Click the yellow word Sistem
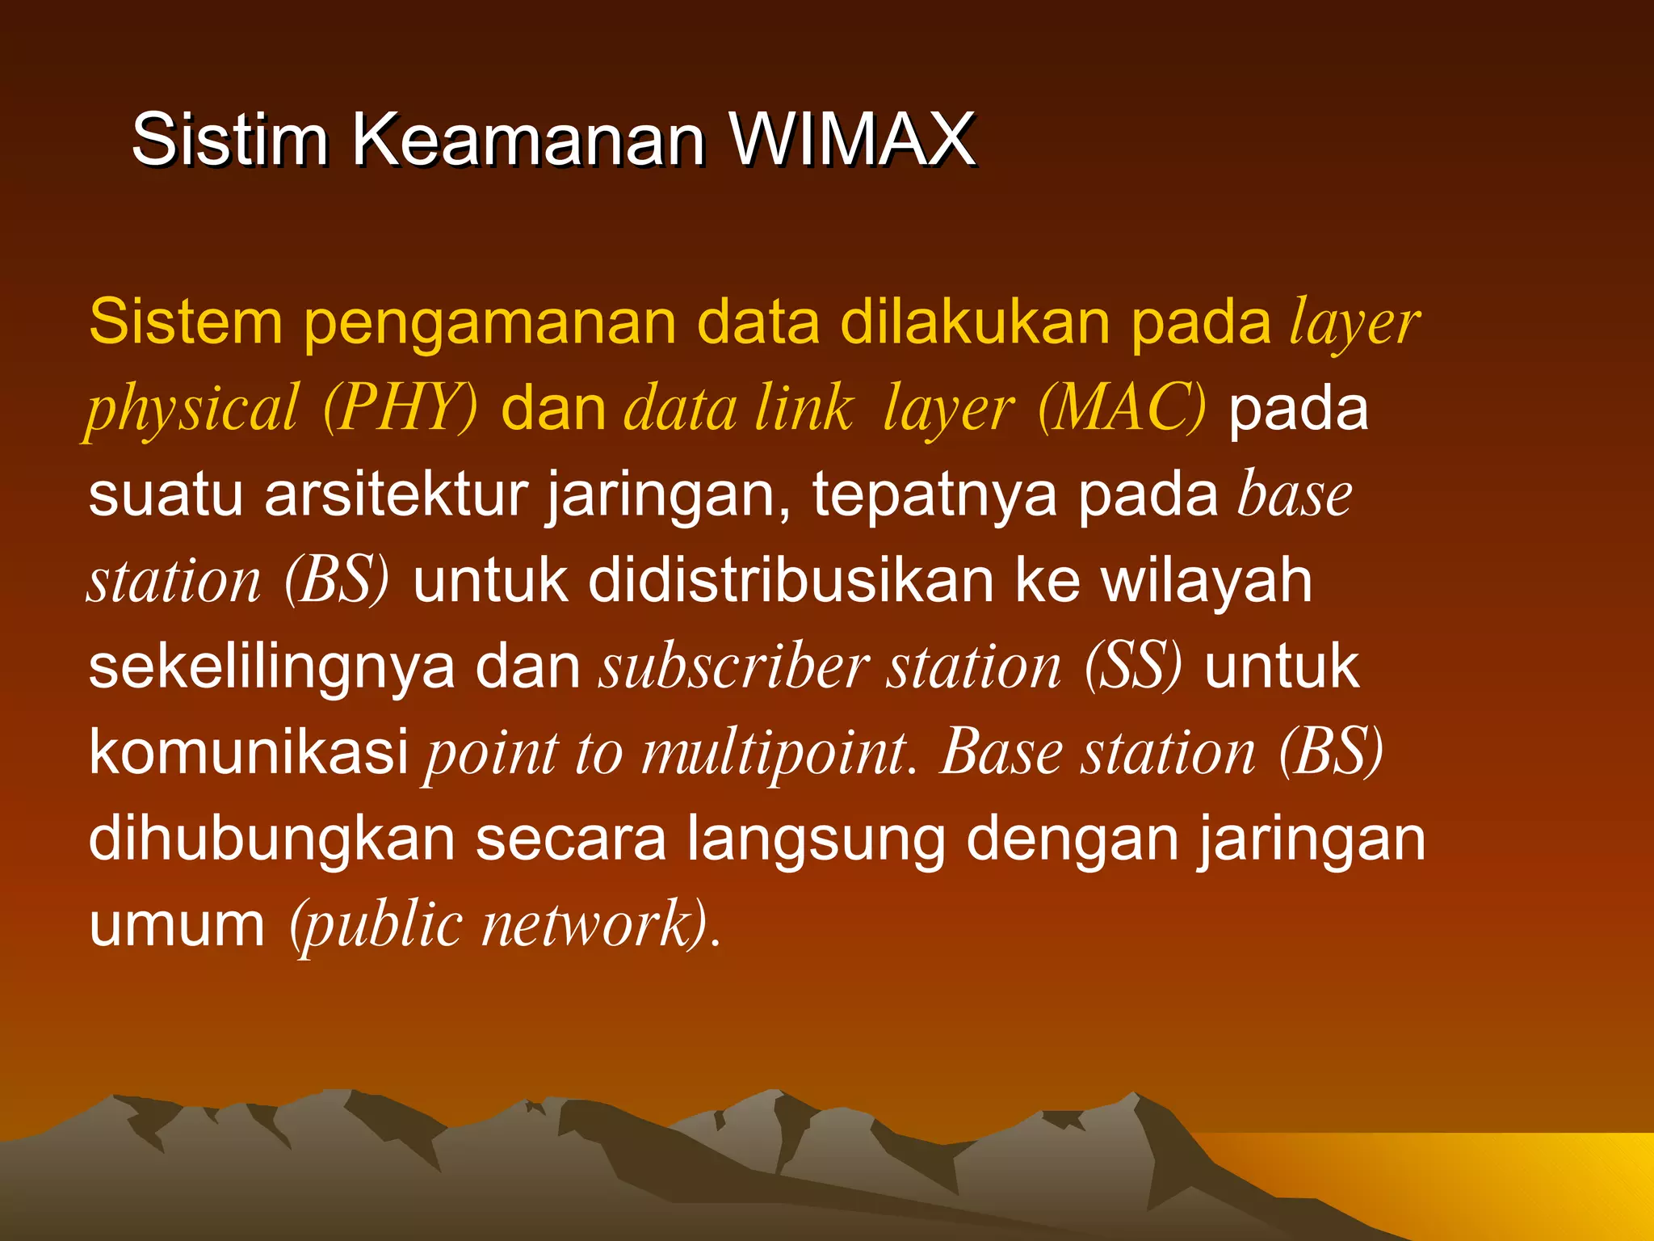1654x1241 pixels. [x=185, y=322]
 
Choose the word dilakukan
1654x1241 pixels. [x=975, y=322]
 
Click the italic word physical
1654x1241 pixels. [x=192, y=409]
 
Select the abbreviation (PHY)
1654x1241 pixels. [x=400, y=408]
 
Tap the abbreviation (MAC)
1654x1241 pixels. [x=1122, y=408]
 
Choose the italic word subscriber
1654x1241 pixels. [x=733, y=667]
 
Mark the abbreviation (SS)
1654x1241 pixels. [x=1133, y=667]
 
